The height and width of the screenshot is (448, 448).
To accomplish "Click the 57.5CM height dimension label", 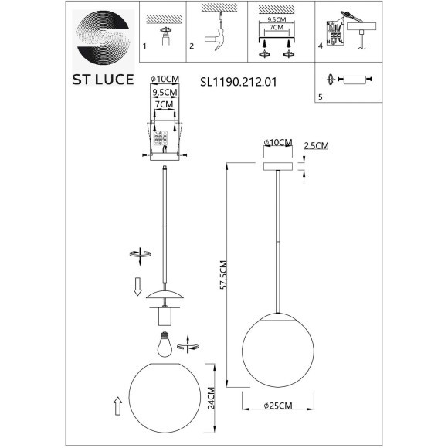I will [220, 274].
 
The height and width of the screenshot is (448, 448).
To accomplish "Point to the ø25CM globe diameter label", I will [278, 406].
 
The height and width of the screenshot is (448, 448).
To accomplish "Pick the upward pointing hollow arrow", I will [117, 406].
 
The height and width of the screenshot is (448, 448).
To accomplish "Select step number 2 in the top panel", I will [191, 46].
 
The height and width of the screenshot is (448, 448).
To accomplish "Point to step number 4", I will [320, 46].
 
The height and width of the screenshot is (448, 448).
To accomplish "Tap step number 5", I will [320, 97].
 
